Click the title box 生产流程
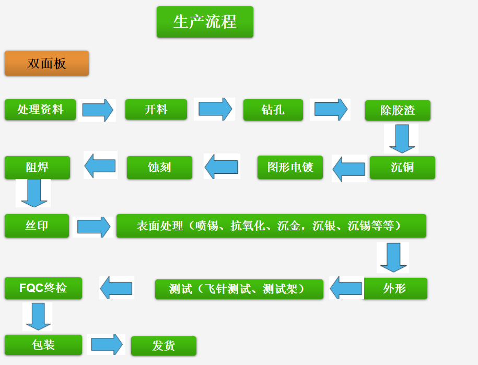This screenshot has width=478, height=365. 205,22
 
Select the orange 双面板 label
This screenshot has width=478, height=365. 46,63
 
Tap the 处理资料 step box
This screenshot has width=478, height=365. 40,109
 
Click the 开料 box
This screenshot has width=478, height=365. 156,109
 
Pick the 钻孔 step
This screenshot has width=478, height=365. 273,110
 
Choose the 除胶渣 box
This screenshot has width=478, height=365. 398,110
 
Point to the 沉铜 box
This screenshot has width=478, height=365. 402,168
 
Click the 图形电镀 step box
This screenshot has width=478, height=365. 290,167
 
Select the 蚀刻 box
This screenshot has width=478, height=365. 159,168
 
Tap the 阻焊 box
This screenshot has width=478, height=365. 37,168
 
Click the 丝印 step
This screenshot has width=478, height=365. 37,226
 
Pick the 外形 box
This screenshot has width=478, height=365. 395,288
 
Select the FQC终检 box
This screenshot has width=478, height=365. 43,288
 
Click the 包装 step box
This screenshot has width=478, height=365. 43,345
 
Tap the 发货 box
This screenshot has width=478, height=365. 164,346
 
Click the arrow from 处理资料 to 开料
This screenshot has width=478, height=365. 98,110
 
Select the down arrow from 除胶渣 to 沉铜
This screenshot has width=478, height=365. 402,138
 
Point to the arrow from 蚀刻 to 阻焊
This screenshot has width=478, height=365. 100,166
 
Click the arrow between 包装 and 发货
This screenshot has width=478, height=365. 107,345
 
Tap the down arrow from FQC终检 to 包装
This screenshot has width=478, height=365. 38,316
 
